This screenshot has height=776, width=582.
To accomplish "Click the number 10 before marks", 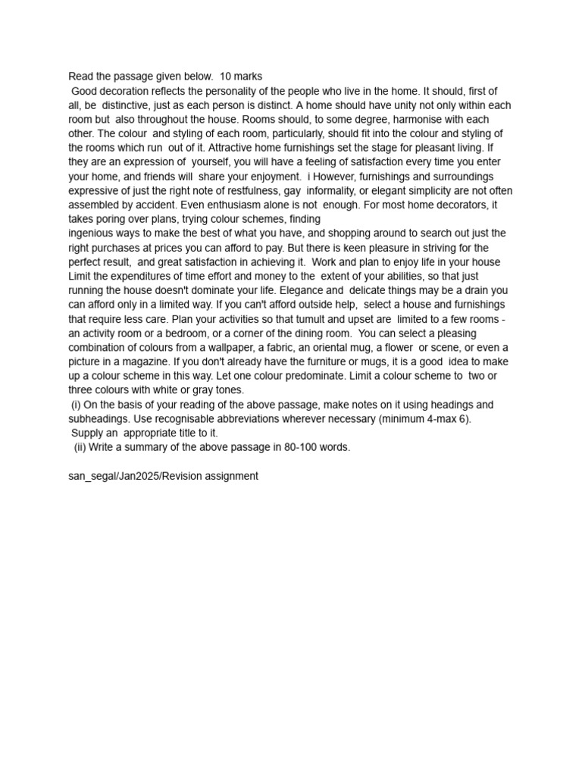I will pos(226,77).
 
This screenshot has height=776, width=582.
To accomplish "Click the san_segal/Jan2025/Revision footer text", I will pos(163,476).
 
